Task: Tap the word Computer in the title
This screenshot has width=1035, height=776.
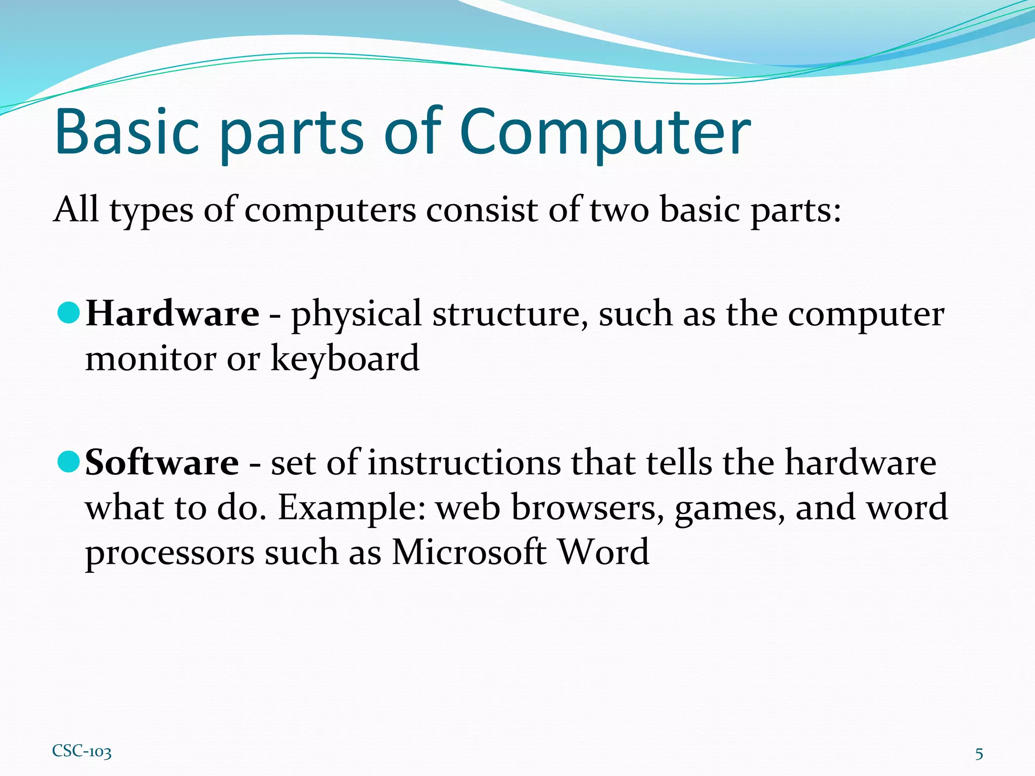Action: pyautogui.click(x=605, y=132)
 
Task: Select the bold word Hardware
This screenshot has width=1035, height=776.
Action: pyautogui.click(x=172, y=314)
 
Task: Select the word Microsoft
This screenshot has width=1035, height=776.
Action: pyautogui.click(x=469, y=552)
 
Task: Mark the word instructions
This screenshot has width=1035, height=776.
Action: pyautogui.click(x=464, y=462)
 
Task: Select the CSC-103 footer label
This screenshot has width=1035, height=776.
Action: pyautogui.click(x=81, y=751)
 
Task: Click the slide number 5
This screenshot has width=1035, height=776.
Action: pyautogui.click(x=979, y=754)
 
